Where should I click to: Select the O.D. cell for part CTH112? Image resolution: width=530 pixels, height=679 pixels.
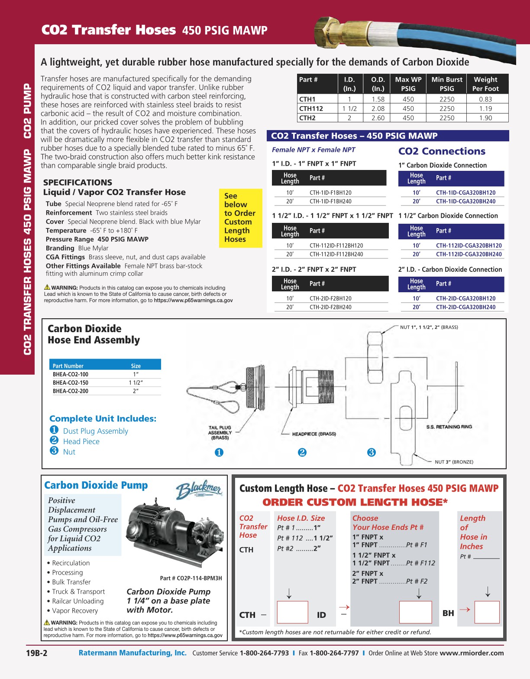point(378,108)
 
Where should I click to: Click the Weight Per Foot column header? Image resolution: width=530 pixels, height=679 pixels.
point(485,84)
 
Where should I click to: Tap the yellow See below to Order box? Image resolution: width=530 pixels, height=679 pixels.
point(240,218)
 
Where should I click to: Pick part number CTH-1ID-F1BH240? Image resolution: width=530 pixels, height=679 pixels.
point(330,201)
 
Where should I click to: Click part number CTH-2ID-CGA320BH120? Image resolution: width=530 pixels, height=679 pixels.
point(465,298)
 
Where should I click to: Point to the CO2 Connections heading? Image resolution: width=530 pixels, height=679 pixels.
point(442,151)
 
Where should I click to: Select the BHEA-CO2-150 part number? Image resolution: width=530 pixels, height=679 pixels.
point(71,382)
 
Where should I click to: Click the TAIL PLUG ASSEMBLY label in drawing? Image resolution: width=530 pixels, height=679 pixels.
point(220,432)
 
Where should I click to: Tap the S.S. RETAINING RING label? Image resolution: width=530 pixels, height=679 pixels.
point(449,427)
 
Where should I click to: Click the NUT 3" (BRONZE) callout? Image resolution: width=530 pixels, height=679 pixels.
point(454,462)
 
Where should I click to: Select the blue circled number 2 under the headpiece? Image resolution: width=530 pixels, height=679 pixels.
point(302,453)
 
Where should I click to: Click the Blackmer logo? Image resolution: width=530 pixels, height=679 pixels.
point(199,490)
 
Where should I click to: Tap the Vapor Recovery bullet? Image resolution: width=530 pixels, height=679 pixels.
point(74,610)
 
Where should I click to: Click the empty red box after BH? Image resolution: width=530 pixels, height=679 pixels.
point(487,612)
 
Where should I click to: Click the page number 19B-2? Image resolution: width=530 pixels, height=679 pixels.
point(36,653)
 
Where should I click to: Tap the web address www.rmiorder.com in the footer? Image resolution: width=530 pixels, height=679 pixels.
point(472,653)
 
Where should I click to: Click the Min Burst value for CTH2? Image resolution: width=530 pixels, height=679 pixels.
point(446,118)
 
